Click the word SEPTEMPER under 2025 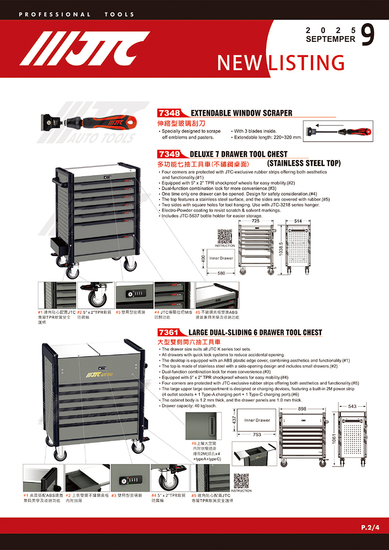tap(331, 39)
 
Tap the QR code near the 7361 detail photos tap(241, 480)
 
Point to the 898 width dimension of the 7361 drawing tap(302, 395)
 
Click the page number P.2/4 tap(370, 527)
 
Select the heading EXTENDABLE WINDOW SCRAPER tap(242, 113)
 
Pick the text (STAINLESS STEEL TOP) tap(304, 162)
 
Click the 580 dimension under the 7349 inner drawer tap(222, 273)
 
